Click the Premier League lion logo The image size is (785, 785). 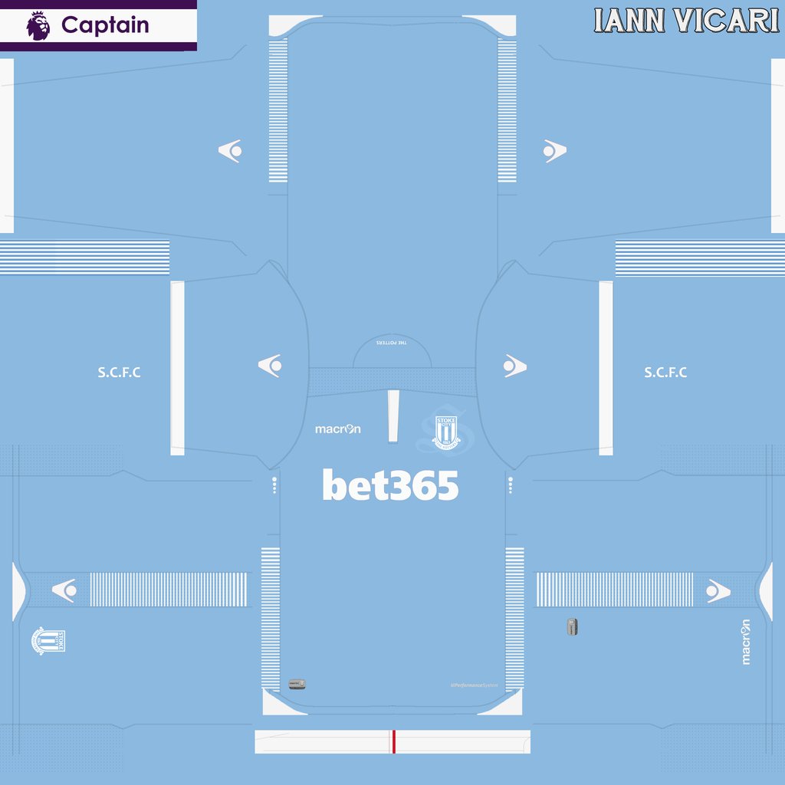tap(38, 25)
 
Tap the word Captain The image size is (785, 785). tap(105, 25)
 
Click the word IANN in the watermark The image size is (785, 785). tap(630, 21)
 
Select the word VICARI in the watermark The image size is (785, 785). tap(725, 21)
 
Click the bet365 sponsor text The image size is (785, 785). tap(390, 486)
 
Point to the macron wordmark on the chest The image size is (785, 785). tap(337, 429)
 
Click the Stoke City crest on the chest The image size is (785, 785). tap(445, 431)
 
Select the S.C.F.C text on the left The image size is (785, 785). tap(119, 373)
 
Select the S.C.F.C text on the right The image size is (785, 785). tap(665, 373)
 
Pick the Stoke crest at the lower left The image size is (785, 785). tap(49, 641)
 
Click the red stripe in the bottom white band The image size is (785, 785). tap(393, 741)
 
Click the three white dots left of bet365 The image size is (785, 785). tap(274, 485)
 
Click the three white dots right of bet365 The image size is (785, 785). tap(511, 485)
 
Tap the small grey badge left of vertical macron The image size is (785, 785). tap(571, 626)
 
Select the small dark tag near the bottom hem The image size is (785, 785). tap(297, 683)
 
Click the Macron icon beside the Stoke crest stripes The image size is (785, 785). tap(63, 590)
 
